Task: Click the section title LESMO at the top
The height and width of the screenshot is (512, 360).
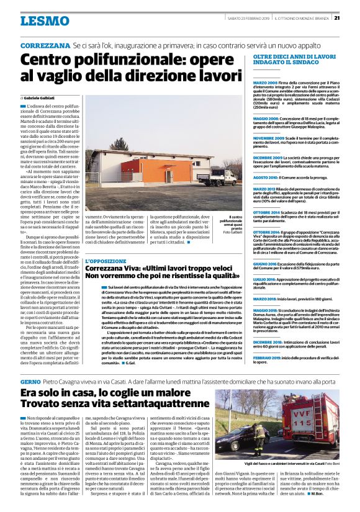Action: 44,20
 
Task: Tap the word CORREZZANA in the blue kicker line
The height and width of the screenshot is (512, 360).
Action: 45,47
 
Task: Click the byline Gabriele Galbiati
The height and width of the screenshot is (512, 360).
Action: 40,98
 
